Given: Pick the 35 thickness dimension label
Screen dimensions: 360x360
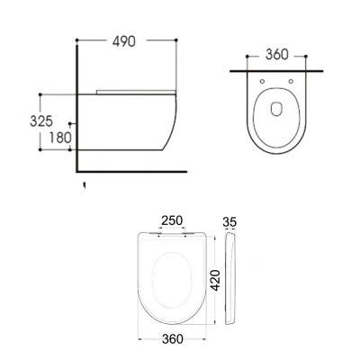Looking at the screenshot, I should pos(229,220).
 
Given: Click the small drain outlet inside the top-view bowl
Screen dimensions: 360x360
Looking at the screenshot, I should pos(275,112).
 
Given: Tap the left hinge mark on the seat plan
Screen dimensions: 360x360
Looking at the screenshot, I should pos(158,238).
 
